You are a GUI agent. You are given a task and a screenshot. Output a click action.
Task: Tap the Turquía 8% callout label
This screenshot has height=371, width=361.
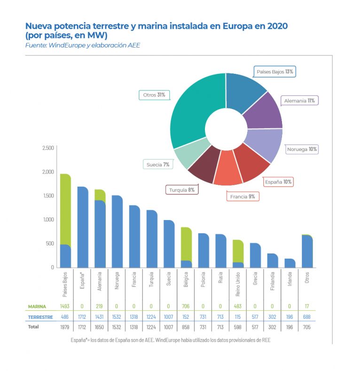coord(181,190)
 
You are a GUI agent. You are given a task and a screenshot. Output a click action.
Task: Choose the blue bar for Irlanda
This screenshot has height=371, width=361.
coord(290,263)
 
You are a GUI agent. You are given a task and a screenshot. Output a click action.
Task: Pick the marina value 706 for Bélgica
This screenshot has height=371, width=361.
coord(186,306)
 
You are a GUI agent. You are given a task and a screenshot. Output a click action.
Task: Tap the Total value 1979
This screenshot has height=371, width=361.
coord(65,327)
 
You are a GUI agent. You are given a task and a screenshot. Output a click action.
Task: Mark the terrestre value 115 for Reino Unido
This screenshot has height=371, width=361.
coord(238,317)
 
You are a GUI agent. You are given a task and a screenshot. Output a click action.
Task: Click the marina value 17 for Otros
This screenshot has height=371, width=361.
coord(307,306)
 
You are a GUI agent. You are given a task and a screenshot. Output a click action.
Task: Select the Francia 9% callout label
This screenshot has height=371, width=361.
coord(243,197)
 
